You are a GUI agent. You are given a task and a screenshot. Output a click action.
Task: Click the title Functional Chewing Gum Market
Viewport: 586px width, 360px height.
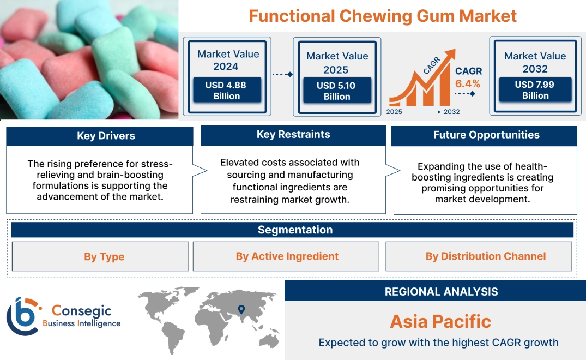(x=382, y=16)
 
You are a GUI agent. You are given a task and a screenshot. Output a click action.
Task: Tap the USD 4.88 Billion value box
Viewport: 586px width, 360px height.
(x=227, y=91)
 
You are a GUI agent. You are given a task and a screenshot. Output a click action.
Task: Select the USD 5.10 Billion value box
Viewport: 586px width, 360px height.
(x=337, y=91)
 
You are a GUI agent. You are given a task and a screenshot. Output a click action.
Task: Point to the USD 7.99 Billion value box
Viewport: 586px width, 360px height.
(x=535, y=90)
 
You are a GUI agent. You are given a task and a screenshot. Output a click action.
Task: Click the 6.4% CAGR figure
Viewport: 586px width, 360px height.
(x=468, y=83)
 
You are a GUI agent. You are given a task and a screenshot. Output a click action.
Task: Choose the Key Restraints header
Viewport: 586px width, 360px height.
(x=293, y=135)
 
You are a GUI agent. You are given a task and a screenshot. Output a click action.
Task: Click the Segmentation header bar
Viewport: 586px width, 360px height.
(x=295, y=230)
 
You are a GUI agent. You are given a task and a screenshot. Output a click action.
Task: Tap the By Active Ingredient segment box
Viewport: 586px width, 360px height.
(x=287, y=256)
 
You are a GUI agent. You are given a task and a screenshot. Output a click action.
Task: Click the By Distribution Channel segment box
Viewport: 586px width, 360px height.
(x=486, y=256)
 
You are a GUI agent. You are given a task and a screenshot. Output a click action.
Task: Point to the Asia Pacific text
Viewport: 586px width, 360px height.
(x=440, y=321)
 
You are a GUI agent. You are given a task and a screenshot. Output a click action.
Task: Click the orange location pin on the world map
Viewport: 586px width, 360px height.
(x=240, y=309)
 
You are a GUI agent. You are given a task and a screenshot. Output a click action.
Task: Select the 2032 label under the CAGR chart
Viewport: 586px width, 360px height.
(x=451, y=112)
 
